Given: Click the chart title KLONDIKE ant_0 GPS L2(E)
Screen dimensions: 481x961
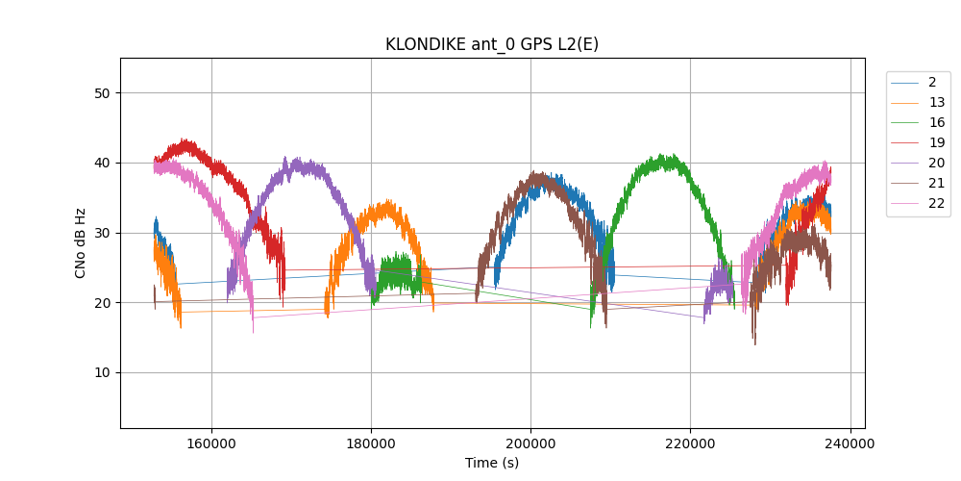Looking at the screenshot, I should click(492, 44).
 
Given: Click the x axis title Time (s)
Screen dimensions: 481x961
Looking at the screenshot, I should click(492, 463).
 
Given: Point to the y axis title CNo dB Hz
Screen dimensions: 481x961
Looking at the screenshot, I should click(81, 243).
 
